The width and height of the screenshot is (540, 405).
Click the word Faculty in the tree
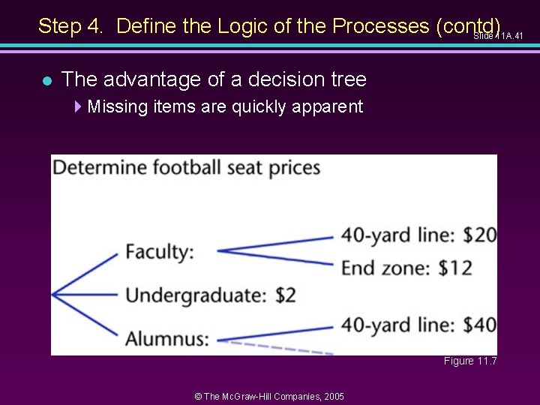(x=159, y=252)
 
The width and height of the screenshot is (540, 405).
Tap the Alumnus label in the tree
(x=167, y=338)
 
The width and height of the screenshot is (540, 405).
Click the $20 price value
(x=480, y=235)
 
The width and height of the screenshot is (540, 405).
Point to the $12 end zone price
(x=455, y=267)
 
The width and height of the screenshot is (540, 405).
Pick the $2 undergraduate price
(x=286, y=295)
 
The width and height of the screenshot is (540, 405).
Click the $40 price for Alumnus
(x=480, y=325)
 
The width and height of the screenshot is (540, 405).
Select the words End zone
(x=386, y=267)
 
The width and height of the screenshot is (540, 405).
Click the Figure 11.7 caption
(x=470, y=361)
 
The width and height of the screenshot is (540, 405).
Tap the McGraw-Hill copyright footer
(x=269, y=396)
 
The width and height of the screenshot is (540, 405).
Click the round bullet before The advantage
(x=46, y=80)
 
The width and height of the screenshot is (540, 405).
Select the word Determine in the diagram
(x=99, y=167)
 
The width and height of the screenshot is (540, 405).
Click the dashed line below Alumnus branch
(x=277, y=347)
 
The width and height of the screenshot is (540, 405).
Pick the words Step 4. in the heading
(x=72, y=26)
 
